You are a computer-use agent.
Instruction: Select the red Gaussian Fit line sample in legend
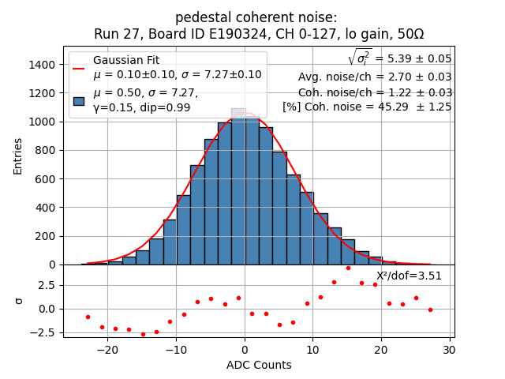(79, 68)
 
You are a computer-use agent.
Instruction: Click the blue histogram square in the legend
(79, 100)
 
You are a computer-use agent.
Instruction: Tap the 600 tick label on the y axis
(46, 179)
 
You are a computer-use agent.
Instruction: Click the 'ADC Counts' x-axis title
(258, 365)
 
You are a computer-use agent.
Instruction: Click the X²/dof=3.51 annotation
(409, 276)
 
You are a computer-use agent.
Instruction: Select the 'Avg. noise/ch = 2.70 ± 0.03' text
(375, 77)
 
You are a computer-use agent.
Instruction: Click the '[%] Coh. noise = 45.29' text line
(367, 107)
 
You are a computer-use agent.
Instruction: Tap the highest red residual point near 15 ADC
(348, 268)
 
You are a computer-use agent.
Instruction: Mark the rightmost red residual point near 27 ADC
(430, 310)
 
